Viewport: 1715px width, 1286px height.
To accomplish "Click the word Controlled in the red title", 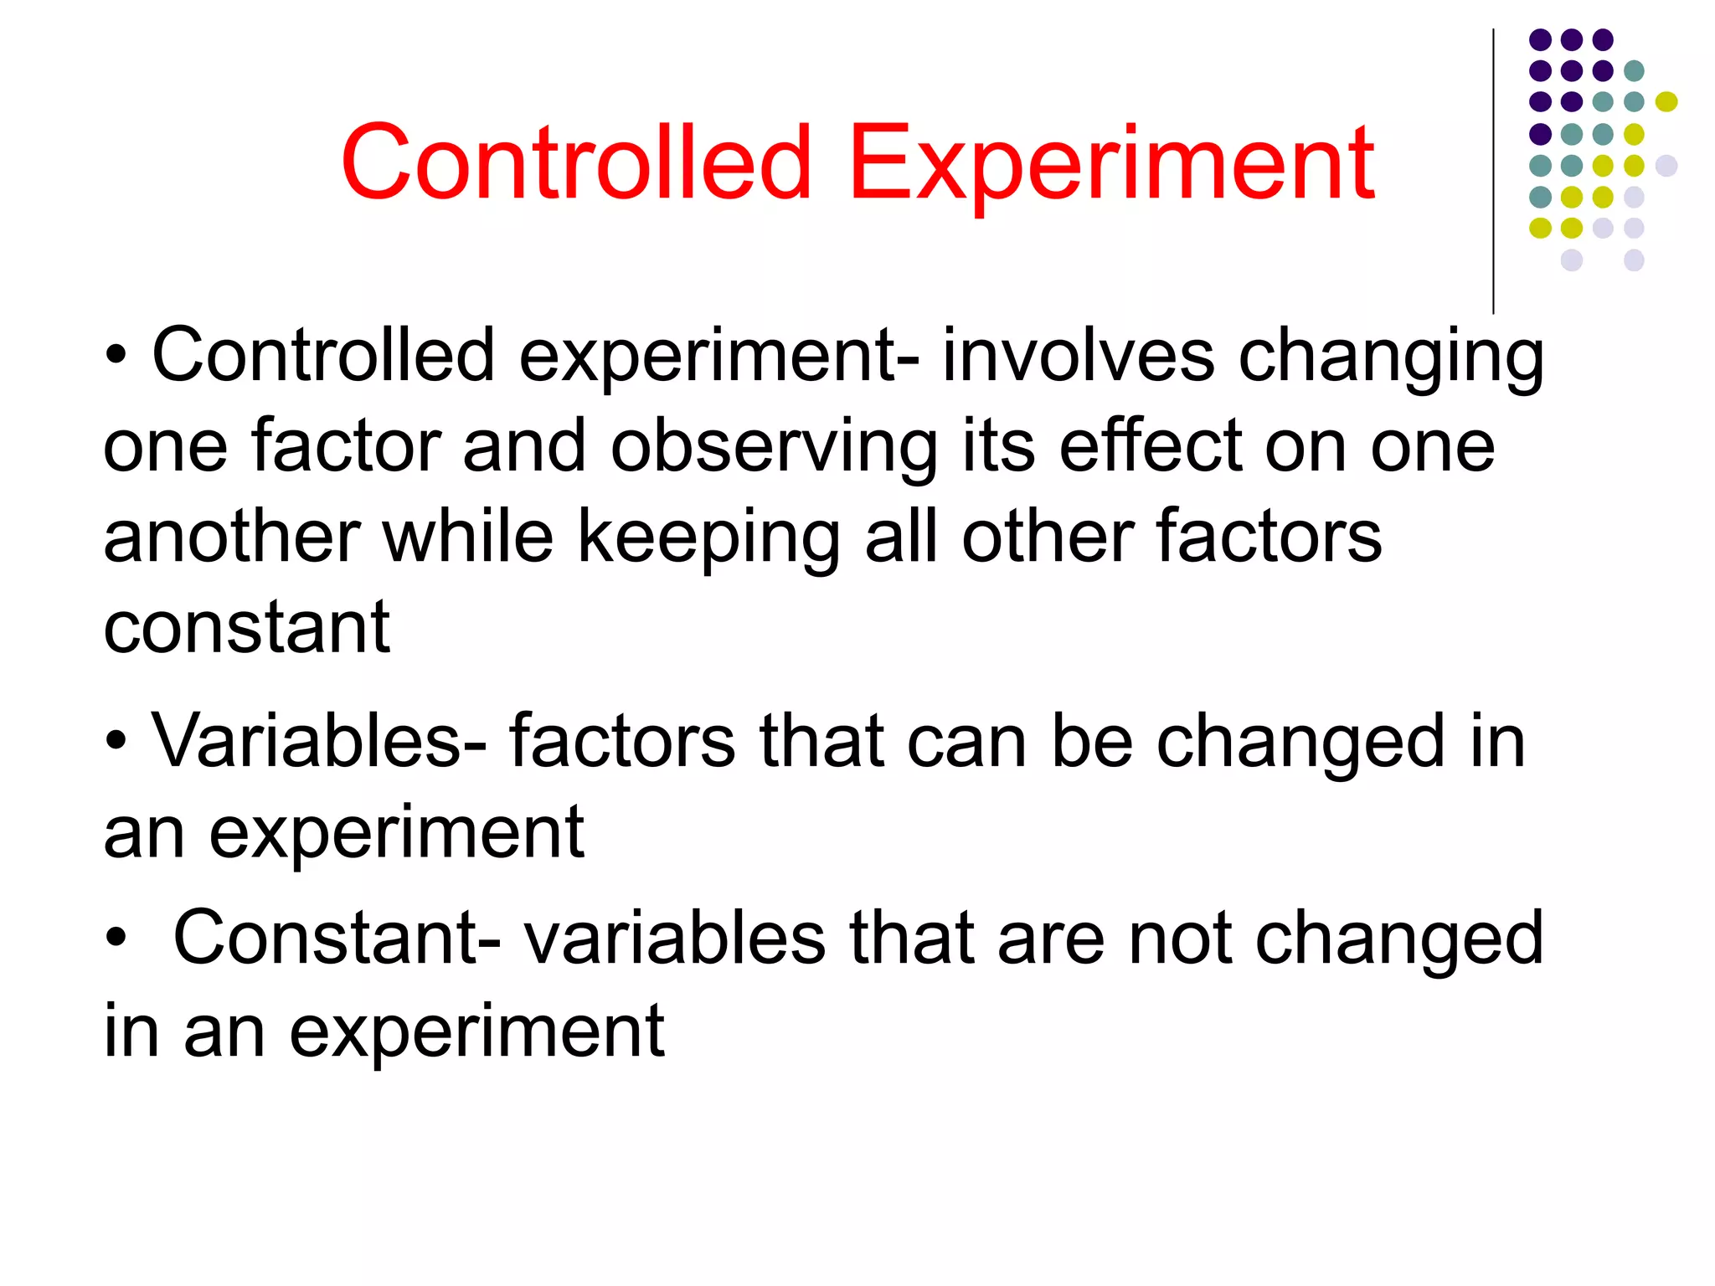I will [576, 163].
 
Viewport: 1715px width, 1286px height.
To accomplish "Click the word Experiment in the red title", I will [1111, 163].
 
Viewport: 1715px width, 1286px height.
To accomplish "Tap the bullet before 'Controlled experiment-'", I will [116, 356].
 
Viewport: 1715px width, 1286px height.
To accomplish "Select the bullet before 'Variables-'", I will [116, 741].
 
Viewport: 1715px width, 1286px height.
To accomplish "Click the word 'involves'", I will [1078, 356].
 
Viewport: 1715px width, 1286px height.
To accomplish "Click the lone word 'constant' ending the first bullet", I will [246, 628].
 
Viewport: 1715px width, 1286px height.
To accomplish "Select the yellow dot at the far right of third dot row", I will [1666, 102].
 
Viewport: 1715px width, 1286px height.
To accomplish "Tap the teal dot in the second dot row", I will [1634, 71].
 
